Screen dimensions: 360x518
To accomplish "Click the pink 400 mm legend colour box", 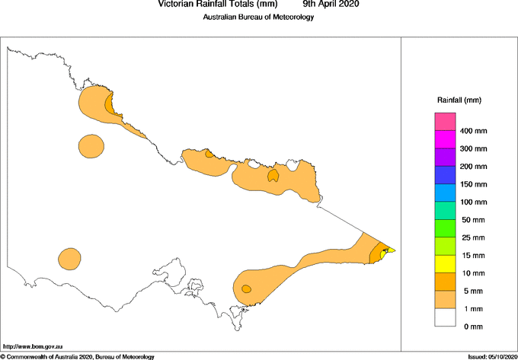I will (445, 121).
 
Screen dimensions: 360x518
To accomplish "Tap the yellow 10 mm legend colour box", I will (445, 263).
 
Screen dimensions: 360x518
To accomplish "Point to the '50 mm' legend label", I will (473, 219).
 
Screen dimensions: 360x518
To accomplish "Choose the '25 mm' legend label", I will (473, 237).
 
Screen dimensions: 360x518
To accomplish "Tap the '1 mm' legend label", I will (473, 308).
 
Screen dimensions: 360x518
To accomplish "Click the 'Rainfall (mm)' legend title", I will (459, 100).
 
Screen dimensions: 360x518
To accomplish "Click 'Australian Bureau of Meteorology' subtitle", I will (258, 18).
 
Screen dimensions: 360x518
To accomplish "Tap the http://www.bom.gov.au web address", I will (33, 346).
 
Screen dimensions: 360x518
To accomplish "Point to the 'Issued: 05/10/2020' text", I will (492, 356).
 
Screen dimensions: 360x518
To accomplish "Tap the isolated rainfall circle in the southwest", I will (69, 258).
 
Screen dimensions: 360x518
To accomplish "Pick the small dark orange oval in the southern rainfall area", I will (246, 288).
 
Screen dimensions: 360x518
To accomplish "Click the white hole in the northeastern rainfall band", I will (253, 164).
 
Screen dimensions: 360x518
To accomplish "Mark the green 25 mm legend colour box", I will (445, 228).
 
